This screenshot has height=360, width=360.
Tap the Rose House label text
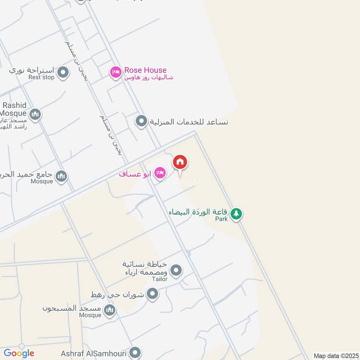145,70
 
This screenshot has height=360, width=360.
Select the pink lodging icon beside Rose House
116,72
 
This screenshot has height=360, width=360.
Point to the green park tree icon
236,213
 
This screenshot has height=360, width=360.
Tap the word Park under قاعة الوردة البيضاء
221,219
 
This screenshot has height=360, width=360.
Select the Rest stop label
41,77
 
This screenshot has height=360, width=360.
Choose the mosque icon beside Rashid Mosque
35,114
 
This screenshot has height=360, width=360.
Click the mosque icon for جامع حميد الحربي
62,175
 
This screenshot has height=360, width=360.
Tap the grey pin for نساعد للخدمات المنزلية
141,121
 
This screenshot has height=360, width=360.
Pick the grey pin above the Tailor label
176,270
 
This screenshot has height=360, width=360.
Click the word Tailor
159,279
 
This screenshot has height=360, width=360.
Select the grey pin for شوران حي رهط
153,294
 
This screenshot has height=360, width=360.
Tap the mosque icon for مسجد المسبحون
109,310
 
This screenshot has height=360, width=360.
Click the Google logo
19,353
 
